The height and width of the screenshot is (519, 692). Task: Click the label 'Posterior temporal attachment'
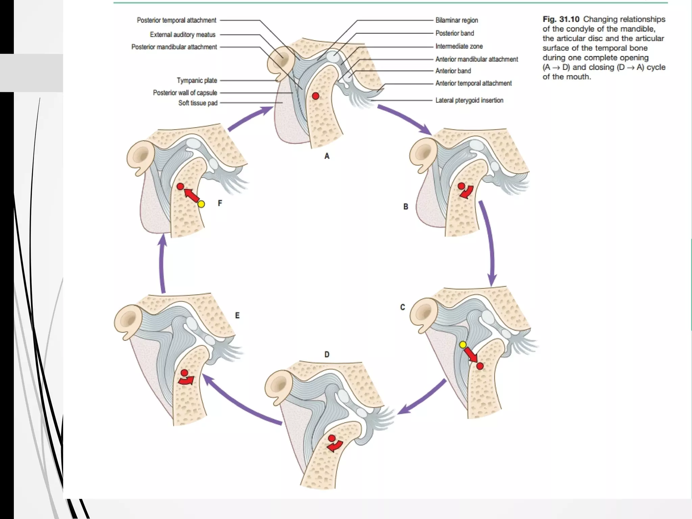click(x=176, y=20)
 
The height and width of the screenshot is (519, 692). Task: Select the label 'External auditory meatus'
click(x=182, y=34)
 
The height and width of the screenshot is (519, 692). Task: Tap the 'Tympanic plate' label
click(x=197, y=80)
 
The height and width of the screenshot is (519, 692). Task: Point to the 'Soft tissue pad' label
click(x=198, y=103)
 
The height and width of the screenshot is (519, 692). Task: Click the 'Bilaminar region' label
click(x=456, y=20)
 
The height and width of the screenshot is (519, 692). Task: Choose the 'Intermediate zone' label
click(x=459, y=46)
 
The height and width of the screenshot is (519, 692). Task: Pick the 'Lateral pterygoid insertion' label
click(x=469, y=100)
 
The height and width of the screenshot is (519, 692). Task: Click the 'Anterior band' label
click(x=453, y=71)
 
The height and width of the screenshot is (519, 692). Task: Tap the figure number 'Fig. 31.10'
click(x=561, y=19)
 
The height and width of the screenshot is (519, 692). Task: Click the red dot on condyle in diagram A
click(x=316, y=96)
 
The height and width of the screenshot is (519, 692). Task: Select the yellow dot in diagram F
click(x=201, y=204)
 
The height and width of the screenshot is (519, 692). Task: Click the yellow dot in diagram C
click(x=463, y=344)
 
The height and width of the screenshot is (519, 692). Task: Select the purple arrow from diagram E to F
click(x=163, y=264)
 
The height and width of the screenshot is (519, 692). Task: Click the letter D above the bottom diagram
click(x=327, y=354)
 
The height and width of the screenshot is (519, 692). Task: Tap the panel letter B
click(x=405, y=207)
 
